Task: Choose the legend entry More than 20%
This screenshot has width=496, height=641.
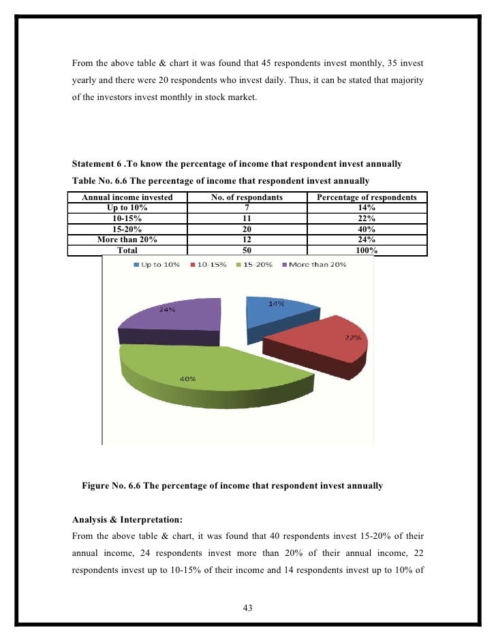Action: tap(313, 264)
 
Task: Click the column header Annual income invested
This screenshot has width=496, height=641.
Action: tap(127, 197)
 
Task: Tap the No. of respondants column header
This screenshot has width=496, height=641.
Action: tap(247, 197)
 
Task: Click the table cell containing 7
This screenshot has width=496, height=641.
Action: tap(247, 207)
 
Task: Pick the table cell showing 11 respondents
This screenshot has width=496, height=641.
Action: tap(247, 218)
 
